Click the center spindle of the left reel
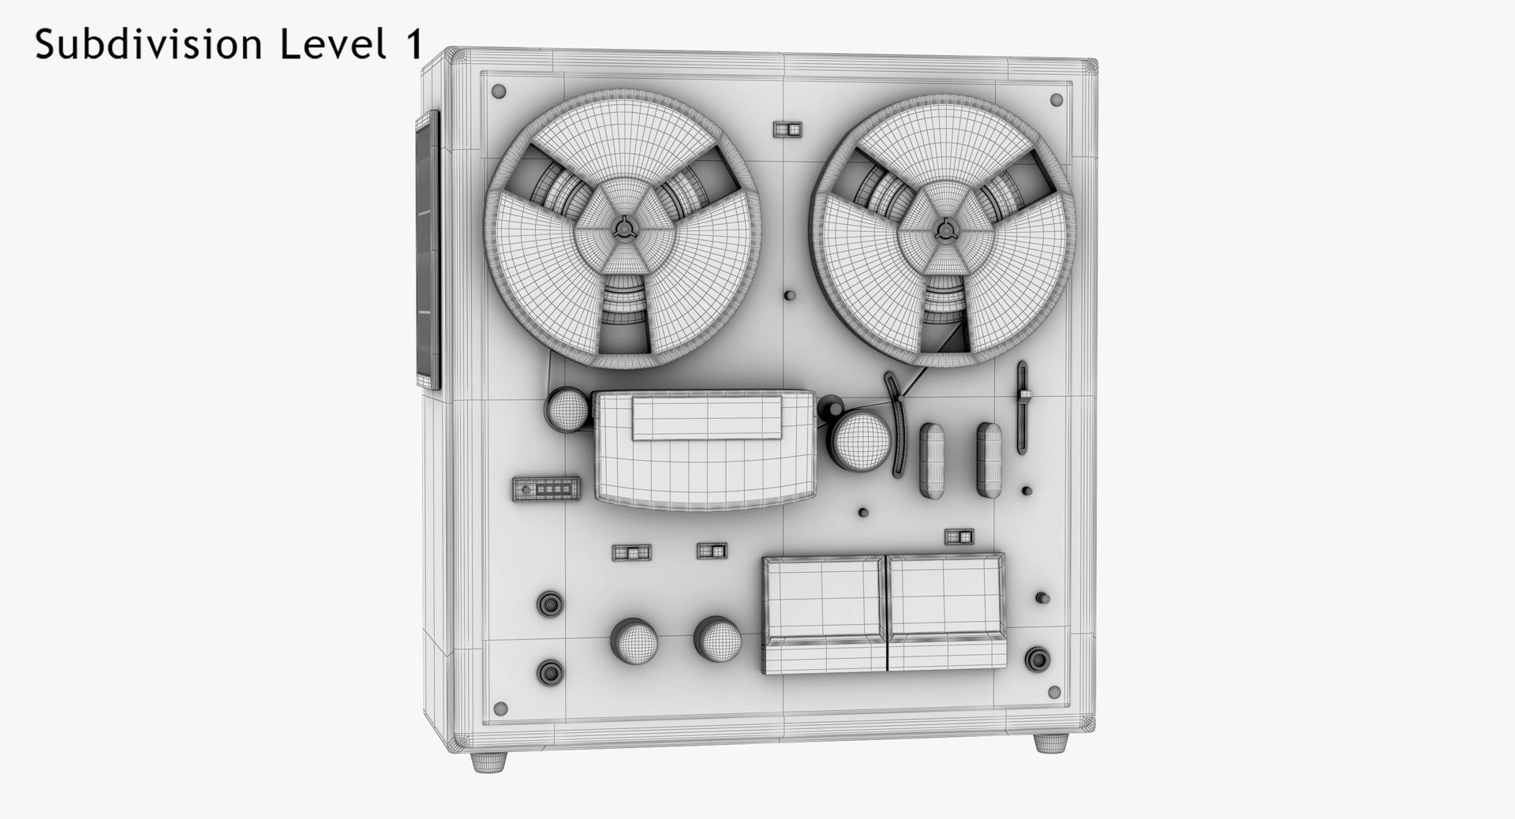623,228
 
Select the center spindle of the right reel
945,230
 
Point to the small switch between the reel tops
787,129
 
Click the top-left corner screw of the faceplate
498,92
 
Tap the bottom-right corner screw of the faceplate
1055,692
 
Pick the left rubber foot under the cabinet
489,761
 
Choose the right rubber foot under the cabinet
1051,743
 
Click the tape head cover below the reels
705,450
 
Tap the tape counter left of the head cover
546,489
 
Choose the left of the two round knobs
634,640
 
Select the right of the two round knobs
717,638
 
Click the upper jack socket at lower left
550,604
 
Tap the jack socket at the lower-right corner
1038,660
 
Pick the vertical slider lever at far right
1023,407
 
